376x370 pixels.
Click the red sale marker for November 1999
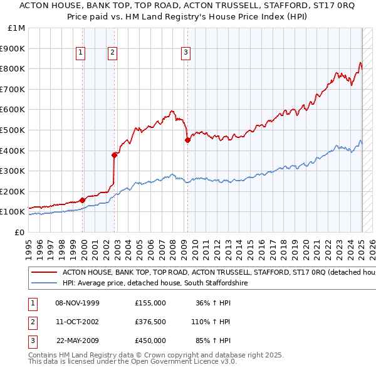(83, 200)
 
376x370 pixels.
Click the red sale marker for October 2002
(115, 154)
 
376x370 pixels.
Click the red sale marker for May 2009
(187, 140)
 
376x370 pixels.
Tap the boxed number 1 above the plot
(81, 53)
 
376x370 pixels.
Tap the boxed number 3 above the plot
(186, 53)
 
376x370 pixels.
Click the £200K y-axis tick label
(14, 191)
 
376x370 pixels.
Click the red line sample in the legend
(44, 273)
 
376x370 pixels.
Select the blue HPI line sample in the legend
(44, 283)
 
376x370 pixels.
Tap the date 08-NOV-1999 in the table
(77, 303)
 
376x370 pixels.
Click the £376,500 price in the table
(150, 322)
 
